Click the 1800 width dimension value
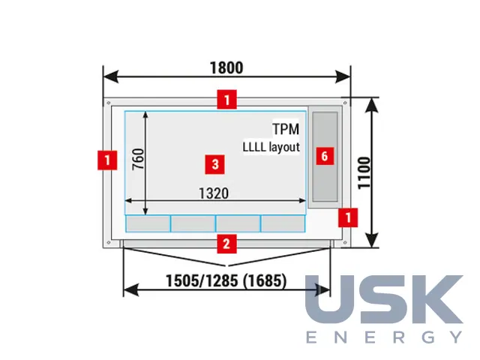226,67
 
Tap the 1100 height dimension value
364,173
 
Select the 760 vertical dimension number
138,159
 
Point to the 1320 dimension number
214,193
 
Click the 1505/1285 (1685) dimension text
226,280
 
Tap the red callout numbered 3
215,164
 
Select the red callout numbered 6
325,156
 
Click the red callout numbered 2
226,244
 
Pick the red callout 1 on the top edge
226,100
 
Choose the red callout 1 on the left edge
107,160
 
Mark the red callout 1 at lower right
348,217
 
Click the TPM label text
286,129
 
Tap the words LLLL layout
271,147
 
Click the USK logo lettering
384,299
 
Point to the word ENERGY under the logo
384,337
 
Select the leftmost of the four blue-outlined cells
148,223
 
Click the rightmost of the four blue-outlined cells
283,223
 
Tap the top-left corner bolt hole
108,103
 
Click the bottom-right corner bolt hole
345,242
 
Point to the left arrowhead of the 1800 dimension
110,76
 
